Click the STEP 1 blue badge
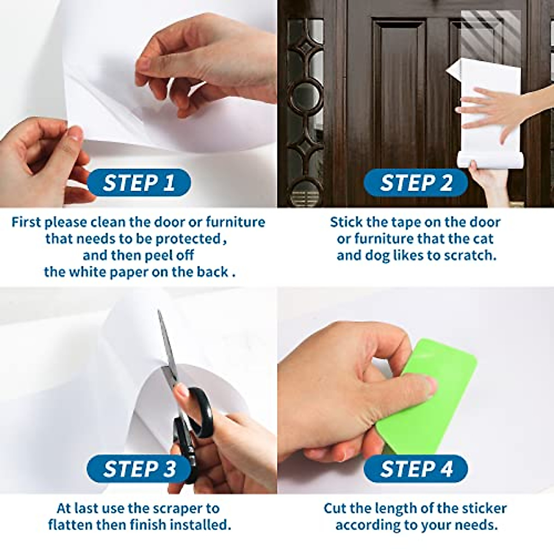138,183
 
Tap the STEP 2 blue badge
415,183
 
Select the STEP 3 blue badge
138,469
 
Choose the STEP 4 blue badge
415,469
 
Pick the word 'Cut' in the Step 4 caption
335,508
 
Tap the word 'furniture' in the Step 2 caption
383,239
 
